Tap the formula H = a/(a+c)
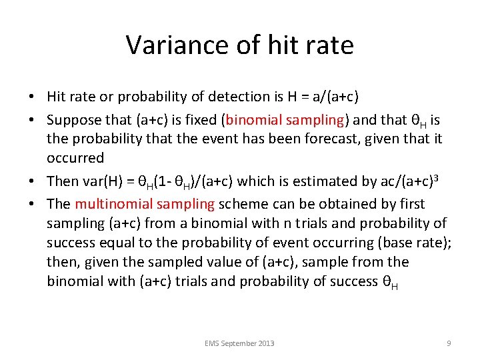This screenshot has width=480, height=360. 323,97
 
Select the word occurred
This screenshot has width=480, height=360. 75,158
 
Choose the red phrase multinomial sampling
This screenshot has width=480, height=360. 145,203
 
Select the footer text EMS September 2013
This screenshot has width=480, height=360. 240,343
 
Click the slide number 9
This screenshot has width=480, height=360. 449,343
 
